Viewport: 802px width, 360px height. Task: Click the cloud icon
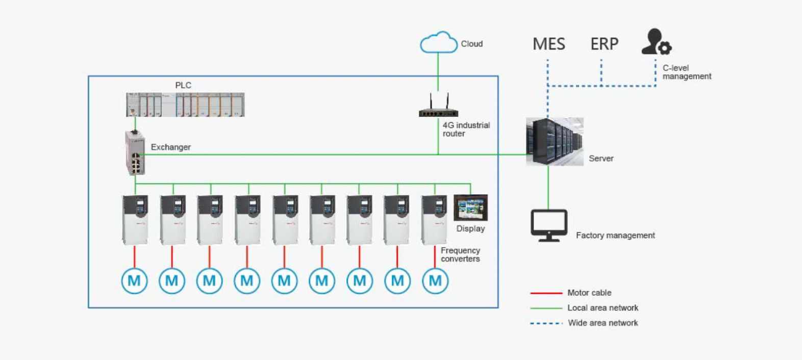(x=438, y=42)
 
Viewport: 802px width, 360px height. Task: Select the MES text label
(x=548, y=44)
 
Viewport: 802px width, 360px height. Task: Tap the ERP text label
(x=604, y=44)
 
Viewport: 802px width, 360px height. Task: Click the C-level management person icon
(x=656, y=42)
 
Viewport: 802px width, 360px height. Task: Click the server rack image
(x=555, y=142)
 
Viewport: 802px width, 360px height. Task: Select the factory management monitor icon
(x=548, y=225)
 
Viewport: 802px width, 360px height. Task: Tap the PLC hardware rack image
(x=185, y=105)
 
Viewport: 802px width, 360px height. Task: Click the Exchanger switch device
(x=135, y=153)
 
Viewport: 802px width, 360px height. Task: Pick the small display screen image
(x=470, y=208)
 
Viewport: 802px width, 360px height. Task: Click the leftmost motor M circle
(x=134, y=280)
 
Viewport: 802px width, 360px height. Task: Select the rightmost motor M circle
(x=435, y=280)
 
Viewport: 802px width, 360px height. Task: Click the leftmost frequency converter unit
(x=135, y=219)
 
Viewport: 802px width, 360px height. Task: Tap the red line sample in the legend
(x=546, y=293)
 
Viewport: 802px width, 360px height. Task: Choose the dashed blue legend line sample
(x=546, y=323)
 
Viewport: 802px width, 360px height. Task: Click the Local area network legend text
(x=603, y=308)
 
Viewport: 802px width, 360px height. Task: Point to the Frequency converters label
(x=460, y=254)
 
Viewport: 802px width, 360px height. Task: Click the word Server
(x=601, y=159)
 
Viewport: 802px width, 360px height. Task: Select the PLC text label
(x=183, y=85)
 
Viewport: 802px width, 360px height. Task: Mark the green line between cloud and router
(x=438, y=71)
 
